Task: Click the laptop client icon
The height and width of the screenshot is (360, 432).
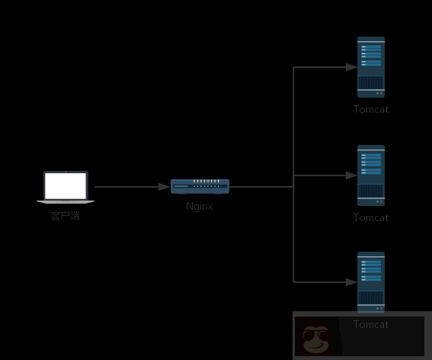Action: tap(66, 188)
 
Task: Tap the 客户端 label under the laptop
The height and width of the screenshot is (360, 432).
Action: tap(66, 216)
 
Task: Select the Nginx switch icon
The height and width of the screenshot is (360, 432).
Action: tap(200, 186)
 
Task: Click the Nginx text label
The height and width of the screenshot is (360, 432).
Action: tap(200, 206)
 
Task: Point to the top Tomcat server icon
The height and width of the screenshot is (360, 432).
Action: tap(371, 67)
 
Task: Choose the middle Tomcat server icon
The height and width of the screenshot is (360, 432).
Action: tap(371, 175)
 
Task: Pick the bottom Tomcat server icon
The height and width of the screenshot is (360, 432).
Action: tap(371, 282)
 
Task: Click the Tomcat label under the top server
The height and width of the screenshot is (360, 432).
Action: tap(371, 109)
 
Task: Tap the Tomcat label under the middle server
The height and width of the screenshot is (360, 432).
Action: tap(371, 217)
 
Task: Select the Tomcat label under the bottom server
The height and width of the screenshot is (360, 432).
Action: tap(371, 324)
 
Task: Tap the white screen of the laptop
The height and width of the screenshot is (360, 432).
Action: tap(66, 185)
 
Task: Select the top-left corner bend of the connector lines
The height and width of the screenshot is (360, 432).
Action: tap(294, 67)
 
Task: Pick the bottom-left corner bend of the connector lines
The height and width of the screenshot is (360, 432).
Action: tap(294, 282)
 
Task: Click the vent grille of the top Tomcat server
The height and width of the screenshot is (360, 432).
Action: tap(371, 82)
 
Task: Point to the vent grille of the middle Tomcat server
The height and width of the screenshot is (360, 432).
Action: tap(371, 190)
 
